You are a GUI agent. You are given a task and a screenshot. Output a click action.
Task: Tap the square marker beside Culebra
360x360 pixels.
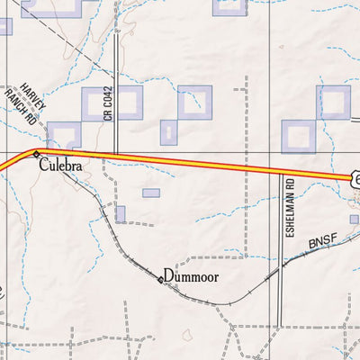pyautogui.click(x=36, y=155)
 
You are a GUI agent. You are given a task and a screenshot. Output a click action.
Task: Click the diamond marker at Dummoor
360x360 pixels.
pyautogui.click(x=161, y=280)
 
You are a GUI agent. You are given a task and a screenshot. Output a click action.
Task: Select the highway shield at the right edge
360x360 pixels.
pyautogui.click(x=355, y=181)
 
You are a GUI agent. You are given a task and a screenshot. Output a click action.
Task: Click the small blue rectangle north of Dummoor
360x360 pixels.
pyautogui.click(x=150, y=193)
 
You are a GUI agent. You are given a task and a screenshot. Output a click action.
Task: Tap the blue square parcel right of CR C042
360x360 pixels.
pyautogui.click(x=127, y=103)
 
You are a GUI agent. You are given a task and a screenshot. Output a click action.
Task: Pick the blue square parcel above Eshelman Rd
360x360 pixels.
pyautogui.click(x=298, y=137)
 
